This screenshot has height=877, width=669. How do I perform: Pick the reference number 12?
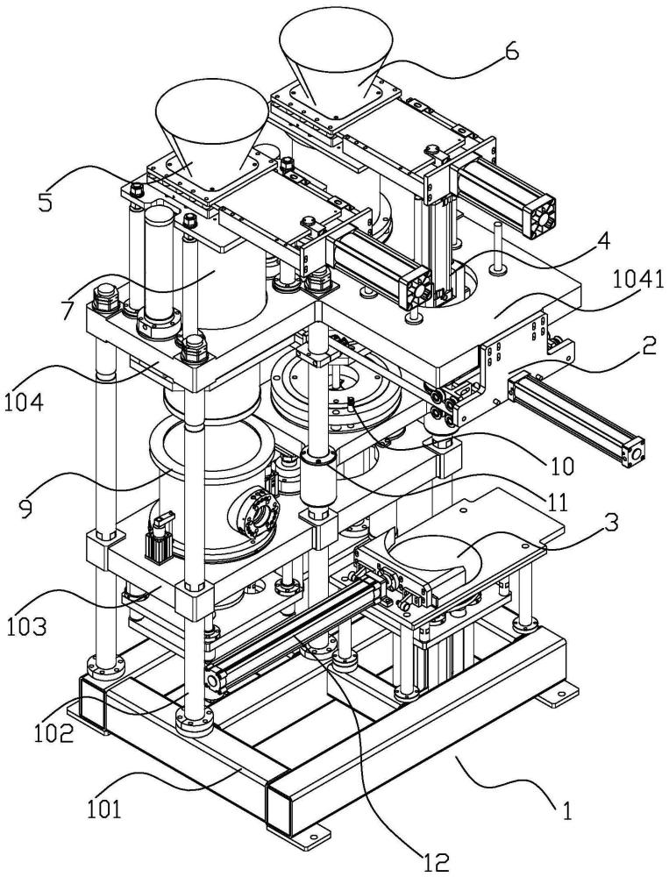click(436, 863)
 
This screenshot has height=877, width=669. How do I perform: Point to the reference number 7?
click(68, 310)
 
